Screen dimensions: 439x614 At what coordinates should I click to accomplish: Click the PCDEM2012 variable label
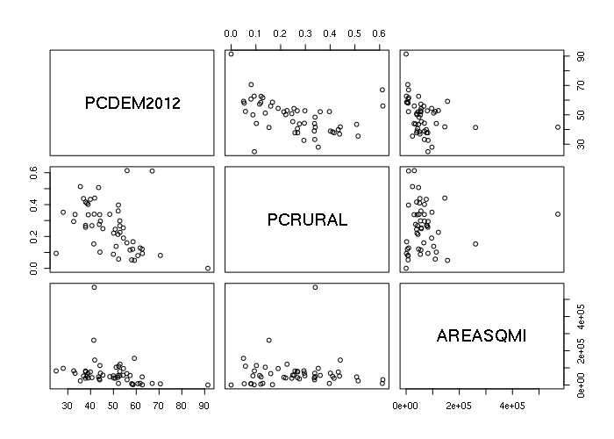coord(132,104)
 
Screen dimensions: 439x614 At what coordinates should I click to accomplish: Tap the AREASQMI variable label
coord(481,335)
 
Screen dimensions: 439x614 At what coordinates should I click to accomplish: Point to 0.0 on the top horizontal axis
coord(231,32)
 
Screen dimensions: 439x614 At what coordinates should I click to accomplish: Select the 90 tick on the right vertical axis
coord(580,55)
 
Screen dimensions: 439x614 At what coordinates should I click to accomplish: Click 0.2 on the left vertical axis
coord(36,237)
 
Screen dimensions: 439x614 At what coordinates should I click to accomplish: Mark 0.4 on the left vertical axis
coord(36,205)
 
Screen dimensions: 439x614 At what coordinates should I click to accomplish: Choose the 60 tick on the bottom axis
coord(135,407)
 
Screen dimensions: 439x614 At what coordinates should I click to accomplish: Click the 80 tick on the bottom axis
coord(181,407)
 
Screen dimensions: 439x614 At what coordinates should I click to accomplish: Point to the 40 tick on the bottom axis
coord(89,407)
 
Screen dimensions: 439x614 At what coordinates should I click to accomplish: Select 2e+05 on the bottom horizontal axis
coord(459,407)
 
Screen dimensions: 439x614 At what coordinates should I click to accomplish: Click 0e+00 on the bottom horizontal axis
coord(405,407)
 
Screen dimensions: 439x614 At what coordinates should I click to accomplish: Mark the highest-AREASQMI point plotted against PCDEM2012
coord(94,287)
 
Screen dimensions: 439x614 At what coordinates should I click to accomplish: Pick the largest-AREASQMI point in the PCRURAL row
coord(557,213)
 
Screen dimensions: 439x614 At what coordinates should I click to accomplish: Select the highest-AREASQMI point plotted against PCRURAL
coord(315,287)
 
